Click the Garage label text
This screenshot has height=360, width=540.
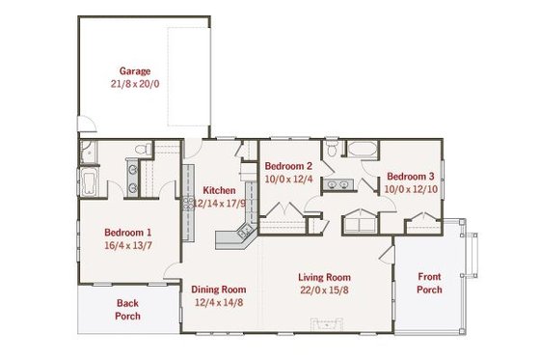point(133,70)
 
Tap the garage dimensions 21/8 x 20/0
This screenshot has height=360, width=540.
point(133,84)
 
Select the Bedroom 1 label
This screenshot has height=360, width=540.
point(127,233)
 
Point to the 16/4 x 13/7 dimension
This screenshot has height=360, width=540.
point(127,246)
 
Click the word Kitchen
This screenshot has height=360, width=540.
point(218,190)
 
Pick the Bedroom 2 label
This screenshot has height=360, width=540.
point(288,165)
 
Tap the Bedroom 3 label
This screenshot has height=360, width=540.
point(411,177)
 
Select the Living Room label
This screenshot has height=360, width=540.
point(323,275)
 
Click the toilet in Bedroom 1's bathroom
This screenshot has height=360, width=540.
point(141,150)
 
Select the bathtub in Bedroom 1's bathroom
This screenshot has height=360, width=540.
point(88,181)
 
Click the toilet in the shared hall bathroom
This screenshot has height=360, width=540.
point(332,151)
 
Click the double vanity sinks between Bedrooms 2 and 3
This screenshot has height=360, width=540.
point(338,183)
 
